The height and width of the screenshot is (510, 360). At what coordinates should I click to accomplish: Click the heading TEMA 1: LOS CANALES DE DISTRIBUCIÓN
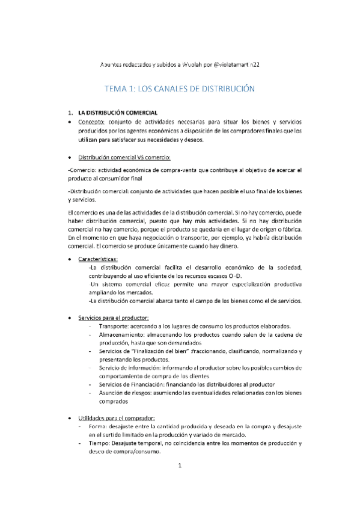[180, 88]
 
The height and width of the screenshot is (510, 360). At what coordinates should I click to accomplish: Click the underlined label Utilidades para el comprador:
[117, 417]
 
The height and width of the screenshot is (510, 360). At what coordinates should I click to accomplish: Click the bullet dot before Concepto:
[72, 122]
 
